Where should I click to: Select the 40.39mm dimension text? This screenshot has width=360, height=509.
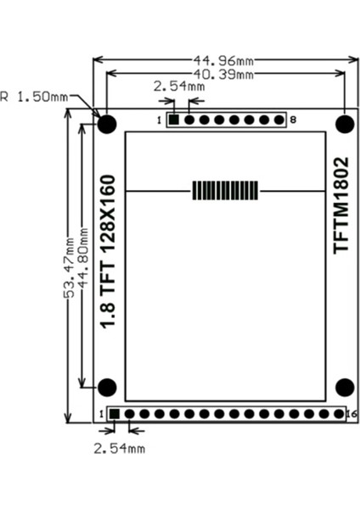[225, 75]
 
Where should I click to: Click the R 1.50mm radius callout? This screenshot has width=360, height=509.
[35, 97]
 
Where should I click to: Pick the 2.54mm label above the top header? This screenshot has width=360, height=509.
[178, 87]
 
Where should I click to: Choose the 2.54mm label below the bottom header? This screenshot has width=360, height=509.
[119, 447]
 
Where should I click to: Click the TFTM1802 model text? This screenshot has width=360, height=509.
[341, 204]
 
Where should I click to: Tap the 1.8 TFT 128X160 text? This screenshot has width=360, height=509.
[108, 252]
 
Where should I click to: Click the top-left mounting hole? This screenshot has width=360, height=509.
[107, 124]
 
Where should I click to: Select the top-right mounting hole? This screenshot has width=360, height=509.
[344, 124]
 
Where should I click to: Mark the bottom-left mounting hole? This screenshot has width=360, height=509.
[107, 388]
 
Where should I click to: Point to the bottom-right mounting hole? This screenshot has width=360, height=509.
[344, 388]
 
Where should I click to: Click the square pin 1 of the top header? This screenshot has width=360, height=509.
[173, 120]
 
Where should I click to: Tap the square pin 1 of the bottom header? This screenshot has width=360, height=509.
[114, 414]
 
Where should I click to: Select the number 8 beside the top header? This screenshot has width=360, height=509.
[293, 120]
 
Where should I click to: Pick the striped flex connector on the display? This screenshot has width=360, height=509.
[225, 190]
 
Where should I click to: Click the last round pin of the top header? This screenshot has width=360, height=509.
[280, 120]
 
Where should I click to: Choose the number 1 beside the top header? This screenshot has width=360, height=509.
[160, 120]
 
